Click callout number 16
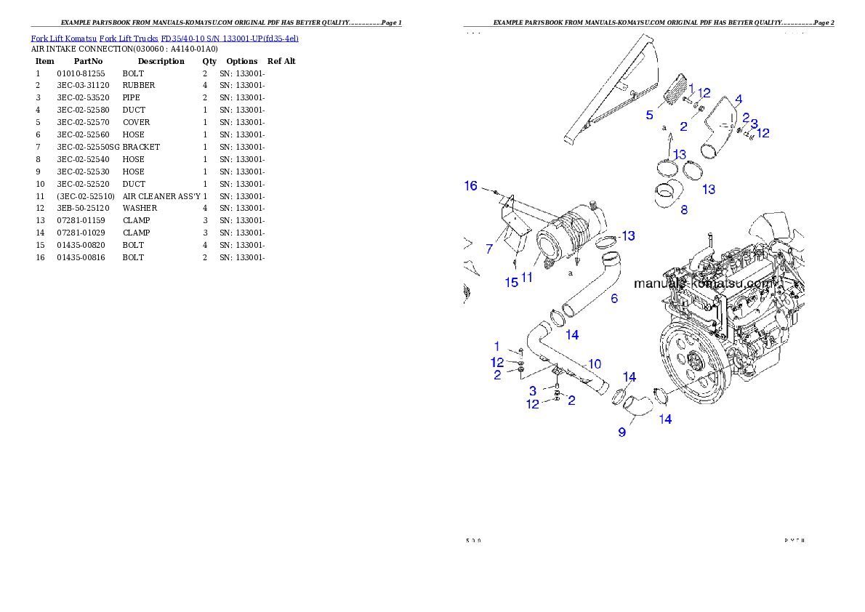point(471,186)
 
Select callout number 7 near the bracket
point(489,249)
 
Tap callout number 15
point(512,282)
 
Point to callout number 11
point(527,277)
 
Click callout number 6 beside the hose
point(614,298)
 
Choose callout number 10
point(594,363)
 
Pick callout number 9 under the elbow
point(621,432)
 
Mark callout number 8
point(683,210)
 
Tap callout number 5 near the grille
point(649,114)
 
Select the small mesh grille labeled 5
point(675,90)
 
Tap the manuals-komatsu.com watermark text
point(705,283)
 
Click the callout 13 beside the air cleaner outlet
point(627,235)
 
